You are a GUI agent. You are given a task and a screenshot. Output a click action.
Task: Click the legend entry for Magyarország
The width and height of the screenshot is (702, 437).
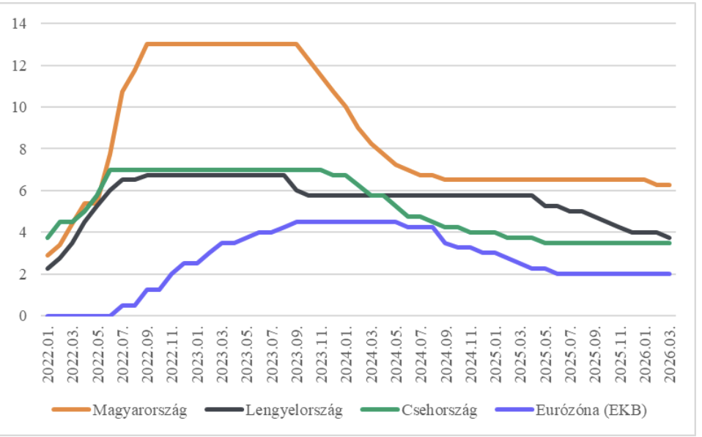pyautogui.click(x=139, y=410)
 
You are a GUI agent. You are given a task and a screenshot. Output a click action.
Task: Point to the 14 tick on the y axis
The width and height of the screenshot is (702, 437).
pyautogui.click(x=19, y=23)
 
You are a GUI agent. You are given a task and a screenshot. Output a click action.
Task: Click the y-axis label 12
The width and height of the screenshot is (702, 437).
pyautogui.click(x=19, y=65)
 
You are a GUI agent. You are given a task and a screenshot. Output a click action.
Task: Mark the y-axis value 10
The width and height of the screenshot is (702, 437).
pyautogui.click(x=19, y=107)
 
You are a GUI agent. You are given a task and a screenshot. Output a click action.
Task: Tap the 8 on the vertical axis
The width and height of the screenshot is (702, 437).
pyautogui.click(x=22, y=149)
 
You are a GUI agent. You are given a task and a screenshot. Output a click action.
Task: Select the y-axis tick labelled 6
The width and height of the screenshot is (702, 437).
pyautogui.click(x=22, y=191)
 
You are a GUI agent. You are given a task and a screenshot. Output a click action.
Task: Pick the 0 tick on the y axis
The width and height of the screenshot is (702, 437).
pyautogui.click(x=22, y=316)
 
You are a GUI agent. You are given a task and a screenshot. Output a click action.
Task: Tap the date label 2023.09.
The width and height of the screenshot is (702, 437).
pyautogui.click(x=298, y=352)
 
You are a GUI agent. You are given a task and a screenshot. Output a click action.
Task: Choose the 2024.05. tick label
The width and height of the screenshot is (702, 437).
pyautogui.click(x=396, y=352)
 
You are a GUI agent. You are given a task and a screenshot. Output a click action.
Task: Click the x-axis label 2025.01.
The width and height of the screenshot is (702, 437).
pyautogui.click(x=496, y=352)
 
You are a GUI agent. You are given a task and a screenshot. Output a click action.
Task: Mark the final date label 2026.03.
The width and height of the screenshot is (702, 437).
pyautogui.click(x=670, y=352)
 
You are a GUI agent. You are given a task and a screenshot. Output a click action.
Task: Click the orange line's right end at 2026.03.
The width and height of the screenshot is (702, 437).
pyautogui.click(x=669, y=185)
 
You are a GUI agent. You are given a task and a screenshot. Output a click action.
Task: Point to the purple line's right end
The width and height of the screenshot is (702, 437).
pyautogui.click(x=669, y=273)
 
